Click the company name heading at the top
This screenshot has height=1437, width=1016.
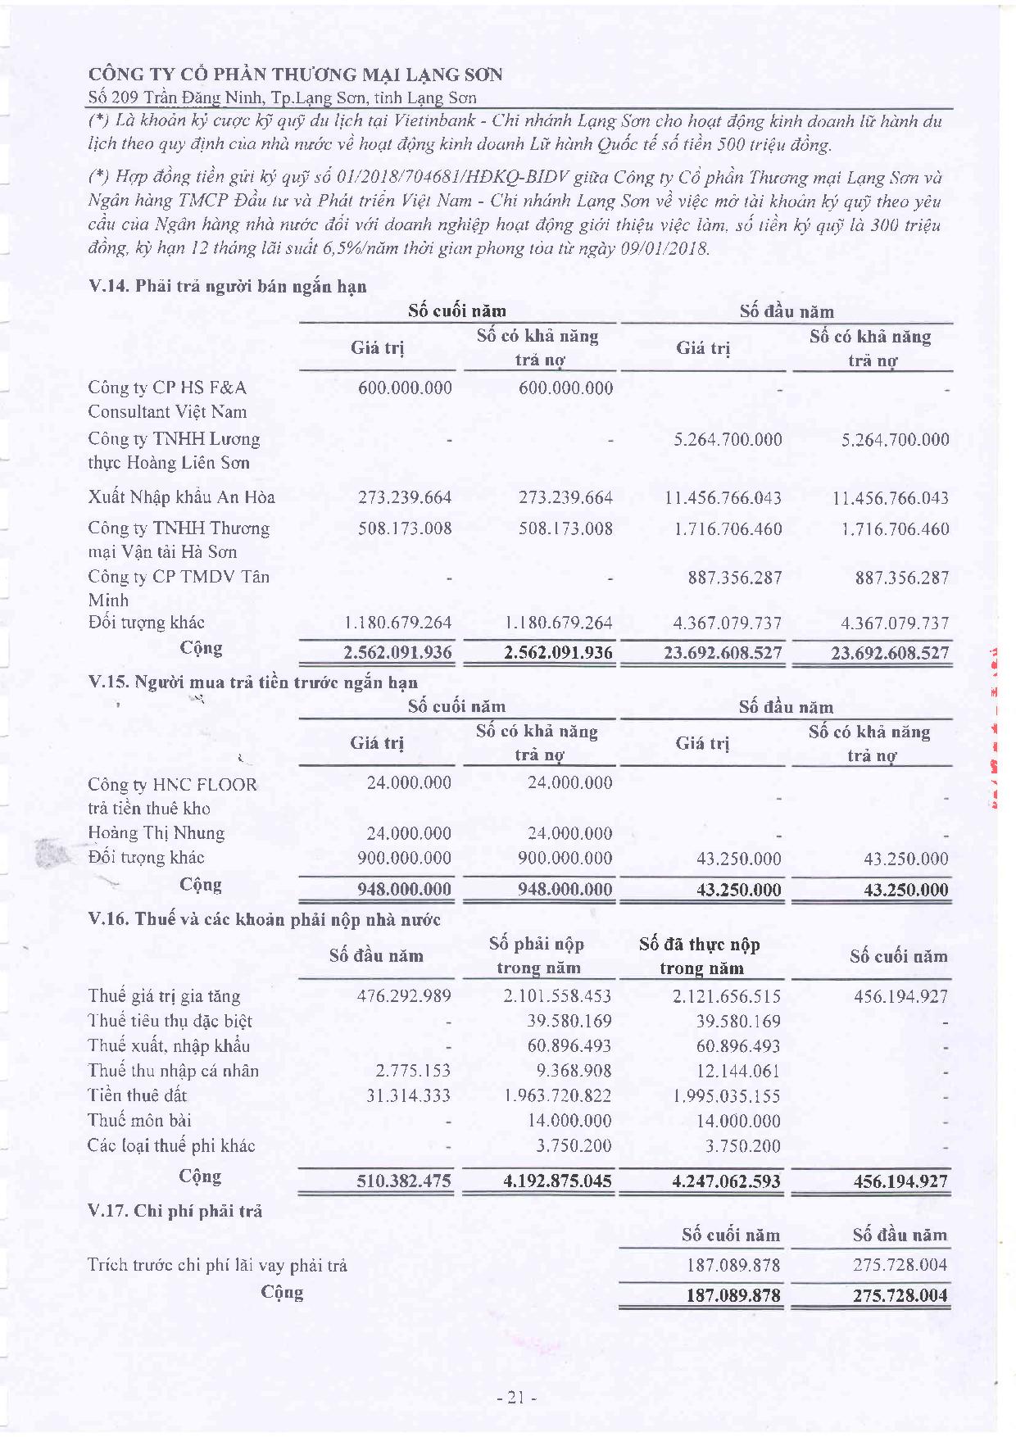tap(295, 75)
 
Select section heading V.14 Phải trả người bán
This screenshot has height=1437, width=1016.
tap(227, 286)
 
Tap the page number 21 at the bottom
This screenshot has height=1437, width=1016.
tap(515, 1398)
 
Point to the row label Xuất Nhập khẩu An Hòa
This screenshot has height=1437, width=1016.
tap(181, 496)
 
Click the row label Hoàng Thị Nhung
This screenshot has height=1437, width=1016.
tap(156, 832)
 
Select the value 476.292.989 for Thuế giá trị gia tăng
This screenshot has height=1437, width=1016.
tap(404, 996)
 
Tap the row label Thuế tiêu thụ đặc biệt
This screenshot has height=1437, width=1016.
tap(170, 1021)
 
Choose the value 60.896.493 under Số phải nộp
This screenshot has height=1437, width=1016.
tap(569, 1045)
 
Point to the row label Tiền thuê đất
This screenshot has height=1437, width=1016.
tap(137, 1095)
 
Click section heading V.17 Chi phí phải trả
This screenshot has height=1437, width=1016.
tap(175, 1210)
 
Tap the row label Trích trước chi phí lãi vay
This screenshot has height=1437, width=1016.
tap(217, 1265)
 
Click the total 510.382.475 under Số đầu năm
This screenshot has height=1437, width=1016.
tap(403, 1181)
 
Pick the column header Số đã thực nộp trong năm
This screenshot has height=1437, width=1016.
tap(700, 955)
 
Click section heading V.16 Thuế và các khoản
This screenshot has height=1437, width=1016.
tap(264, 919)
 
